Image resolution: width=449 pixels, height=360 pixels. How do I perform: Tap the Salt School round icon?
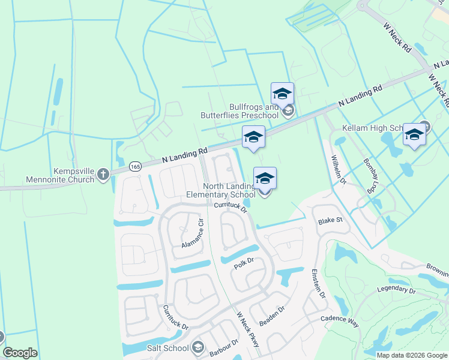click(x=197, y=347)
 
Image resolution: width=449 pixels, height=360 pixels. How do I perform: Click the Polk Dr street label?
click(x=244, y=263)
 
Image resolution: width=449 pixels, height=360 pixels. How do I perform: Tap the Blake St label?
click(x=330, y=220)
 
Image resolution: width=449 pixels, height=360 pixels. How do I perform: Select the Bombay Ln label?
click(x=372, y=175)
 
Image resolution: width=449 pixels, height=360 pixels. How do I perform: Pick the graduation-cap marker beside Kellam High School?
click(x=414, y=136)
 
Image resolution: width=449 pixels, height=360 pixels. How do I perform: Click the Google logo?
click(x=20, y=353)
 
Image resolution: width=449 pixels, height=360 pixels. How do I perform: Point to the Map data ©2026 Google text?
click(x=411, y=355)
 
